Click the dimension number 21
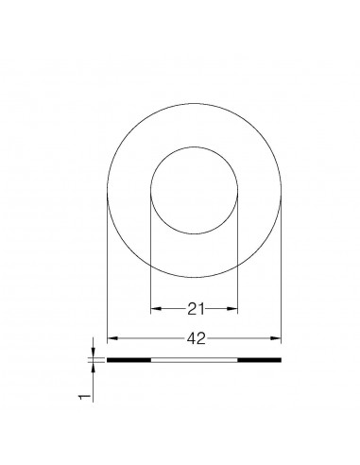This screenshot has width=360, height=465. click(x=194, y=308)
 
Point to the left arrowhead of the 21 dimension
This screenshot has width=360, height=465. click(x=155, y=309)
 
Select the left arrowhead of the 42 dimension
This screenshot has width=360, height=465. click(x=111, y=337)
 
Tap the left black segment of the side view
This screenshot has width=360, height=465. click(x=129, y=360)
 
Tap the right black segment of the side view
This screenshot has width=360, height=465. click(x=260, y=360)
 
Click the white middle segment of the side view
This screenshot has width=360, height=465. click(x=194, y=360)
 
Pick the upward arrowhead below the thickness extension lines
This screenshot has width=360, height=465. click(x=93, y=367)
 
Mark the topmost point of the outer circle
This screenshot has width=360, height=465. click(x=194, y=103)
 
